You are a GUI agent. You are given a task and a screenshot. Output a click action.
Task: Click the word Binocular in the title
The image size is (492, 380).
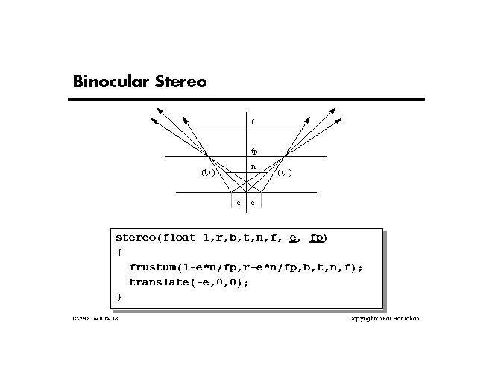pos(111,81)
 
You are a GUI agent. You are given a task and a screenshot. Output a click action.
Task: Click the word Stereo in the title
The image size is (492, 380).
pos(180,81)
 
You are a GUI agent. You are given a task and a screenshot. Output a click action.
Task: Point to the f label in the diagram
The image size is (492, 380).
pos(252,121)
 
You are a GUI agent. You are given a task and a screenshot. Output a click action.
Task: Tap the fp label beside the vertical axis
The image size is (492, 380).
pos(254,151)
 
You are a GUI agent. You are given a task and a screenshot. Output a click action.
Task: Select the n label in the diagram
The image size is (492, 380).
pos(253,167)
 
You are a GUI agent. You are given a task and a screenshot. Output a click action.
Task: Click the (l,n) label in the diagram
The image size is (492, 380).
pos(208,173)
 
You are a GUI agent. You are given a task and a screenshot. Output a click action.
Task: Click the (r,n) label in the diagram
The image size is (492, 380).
pos(284,173)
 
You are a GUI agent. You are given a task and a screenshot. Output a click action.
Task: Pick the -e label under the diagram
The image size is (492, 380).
pos(237,203)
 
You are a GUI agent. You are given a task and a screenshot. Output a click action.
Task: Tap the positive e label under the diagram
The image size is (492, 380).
pos(252,203)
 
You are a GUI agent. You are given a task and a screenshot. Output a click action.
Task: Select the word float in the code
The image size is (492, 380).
pos(179,238)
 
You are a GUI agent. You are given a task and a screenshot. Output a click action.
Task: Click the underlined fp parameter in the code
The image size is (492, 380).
pos(316,238)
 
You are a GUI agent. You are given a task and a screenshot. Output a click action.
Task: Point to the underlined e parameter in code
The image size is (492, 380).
pos(294,238)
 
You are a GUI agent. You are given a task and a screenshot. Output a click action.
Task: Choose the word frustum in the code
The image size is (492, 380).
pos(154,267)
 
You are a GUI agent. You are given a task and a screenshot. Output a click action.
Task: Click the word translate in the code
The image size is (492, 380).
pos(162,282)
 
